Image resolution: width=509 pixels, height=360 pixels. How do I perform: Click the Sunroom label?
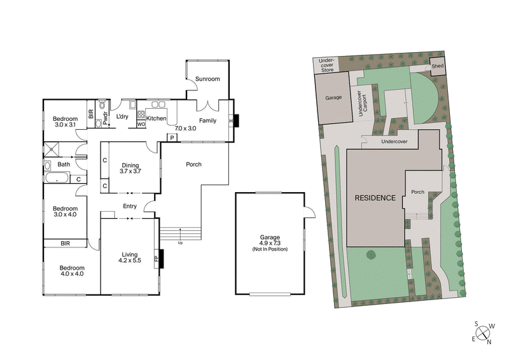tap(207, 80)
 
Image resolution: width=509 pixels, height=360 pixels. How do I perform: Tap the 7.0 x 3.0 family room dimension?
tap(186, 128)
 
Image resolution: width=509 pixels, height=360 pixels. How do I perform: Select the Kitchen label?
tap(157, 118)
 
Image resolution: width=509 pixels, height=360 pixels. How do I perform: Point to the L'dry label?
tap(122, 118)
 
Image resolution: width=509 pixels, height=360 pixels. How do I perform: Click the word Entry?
tap(130, 206)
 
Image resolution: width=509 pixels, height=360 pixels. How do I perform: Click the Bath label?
tap(64, 165)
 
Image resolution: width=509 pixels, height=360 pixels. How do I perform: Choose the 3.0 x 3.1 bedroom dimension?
tap(65, 125)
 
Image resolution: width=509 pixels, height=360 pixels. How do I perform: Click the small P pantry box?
tap(172, 137)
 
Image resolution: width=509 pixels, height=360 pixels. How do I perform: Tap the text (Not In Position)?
tap(270, 249)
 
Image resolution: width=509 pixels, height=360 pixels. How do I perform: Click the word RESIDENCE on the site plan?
tap(375, 198)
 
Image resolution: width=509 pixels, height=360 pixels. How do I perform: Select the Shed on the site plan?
tap(437, 66)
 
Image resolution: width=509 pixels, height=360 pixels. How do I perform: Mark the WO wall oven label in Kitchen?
tap(141, 125)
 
